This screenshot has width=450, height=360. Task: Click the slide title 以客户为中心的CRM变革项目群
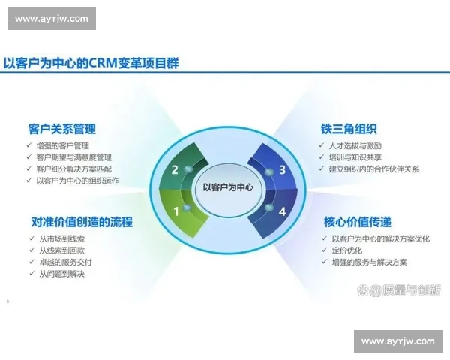tap(91, 63)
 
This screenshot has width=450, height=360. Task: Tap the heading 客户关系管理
tap(62, 129)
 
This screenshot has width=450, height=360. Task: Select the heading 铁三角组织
tap(349, 129)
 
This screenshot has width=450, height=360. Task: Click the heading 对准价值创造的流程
tap(82, 222)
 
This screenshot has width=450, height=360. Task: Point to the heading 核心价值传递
tap(357, 222)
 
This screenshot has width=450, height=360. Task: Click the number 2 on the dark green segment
tap(175, 170)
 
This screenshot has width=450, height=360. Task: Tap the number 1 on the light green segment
tap(176, 211)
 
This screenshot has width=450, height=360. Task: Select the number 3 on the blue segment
tap(283, 170)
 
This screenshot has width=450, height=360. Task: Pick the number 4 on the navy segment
tap(283, 211)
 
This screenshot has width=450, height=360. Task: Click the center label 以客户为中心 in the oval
tap(228, 187)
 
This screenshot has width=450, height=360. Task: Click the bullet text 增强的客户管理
tap(62, 145)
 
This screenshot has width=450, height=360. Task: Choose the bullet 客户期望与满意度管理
tap(73, 157)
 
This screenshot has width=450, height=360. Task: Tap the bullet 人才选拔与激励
tap(355, 145)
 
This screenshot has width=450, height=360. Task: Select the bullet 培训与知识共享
tap(355, 157)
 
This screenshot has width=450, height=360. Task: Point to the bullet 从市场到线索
tap(61, 238)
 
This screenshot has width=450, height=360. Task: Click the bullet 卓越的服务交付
tap(65, 262)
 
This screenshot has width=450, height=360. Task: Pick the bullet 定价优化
tap(347, 250)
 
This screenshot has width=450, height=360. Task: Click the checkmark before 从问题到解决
tap(31, 273)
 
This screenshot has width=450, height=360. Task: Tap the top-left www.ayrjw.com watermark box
tap(52, 19)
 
